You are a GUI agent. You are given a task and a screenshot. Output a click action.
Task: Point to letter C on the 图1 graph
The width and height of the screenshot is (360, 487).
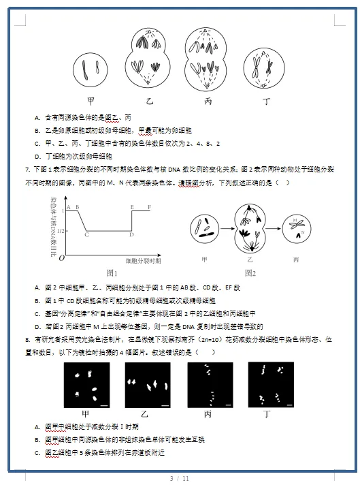click(86, 234)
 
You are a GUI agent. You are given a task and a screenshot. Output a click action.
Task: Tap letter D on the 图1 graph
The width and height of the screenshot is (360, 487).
click(131, 235)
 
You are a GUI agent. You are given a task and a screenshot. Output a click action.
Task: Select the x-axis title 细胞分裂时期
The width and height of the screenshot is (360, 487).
click(144, 260)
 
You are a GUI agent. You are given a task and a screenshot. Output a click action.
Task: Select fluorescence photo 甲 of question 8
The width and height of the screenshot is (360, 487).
click(86, 385)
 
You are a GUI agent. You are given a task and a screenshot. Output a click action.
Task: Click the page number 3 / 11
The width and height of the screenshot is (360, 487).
click(180, 479)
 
